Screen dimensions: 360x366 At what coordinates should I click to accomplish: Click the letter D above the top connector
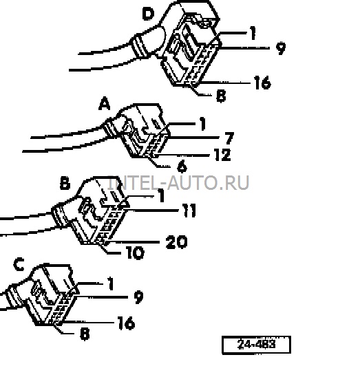(149, 14)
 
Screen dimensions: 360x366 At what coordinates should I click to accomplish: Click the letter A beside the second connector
(104, 104)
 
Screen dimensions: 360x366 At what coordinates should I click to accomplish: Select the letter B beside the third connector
(65, 183)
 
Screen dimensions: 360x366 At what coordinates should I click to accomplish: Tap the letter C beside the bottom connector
(19, 264)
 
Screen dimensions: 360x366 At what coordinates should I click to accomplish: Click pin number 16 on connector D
(262, 83)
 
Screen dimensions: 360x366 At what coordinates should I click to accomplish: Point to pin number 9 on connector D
(281, 48)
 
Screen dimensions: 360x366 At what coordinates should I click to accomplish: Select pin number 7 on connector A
(229, 138)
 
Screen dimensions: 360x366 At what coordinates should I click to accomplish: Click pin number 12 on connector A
(222, 155)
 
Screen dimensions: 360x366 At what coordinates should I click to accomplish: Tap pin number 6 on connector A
(182, 166)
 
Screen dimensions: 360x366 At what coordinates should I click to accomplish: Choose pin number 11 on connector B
(189, 211)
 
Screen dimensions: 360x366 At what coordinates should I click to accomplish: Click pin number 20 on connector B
(176, 242)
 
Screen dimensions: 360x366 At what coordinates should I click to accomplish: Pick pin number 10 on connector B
(136, 252)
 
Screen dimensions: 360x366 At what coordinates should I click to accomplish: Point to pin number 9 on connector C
(138, 297)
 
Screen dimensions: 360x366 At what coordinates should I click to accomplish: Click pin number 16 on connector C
(126, 323)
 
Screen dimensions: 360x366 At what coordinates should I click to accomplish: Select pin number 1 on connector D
(253, 33)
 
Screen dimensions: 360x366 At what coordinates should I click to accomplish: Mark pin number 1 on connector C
(111, 283)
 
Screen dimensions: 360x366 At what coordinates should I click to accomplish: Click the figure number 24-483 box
(256, 345)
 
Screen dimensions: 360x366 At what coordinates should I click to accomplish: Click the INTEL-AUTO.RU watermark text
(178, 183)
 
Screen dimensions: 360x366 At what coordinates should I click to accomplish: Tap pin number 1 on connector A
(202, 123)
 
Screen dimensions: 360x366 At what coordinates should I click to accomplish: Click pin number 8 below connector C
(85, 334)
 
